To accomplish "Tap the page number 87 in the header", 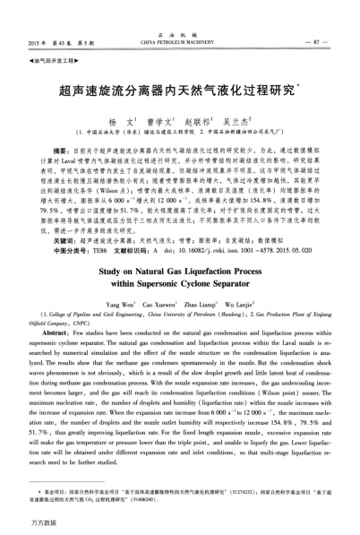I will [x=332, y=41].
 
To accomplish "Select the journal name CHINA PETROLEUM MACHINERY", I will [x=179, y=41].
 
